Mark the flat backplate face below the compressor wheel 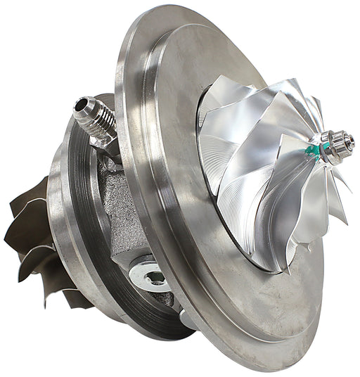[x=267, y=309]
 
